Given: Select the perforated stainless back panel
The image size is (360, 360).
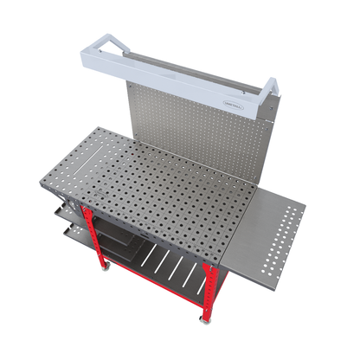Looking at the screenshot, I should point(199,130).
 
